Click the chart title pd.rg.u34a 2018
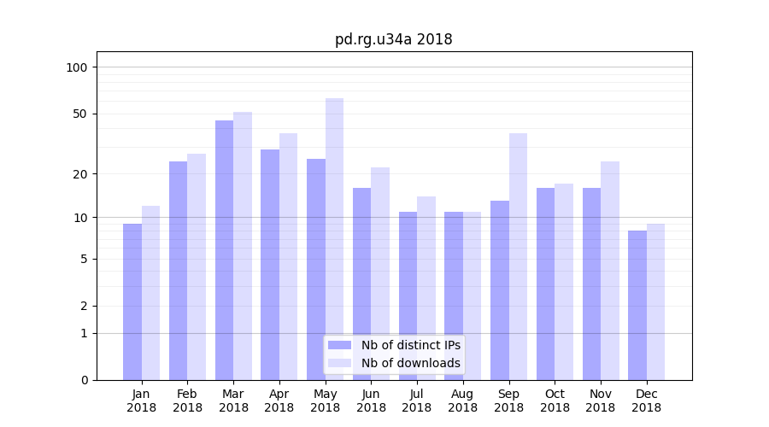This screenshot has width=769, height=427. (393, 39)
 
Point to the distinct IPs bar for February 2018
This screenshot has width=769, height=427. (178, 271)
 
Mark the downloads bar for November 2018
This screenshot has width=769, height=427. (609, 271)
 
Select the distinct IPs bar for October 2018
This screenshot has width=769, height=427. (545, 284)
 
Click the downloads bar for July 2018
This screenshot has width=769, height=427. (426, 288)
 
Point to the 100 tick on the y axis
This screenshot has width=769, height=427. (77, 67)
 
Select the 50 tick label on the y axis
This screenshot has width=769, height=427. (80, 114)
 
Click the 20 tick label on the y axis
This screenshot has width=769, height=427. (80, 174)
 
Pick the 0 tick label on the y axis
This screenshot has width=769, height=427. (84, 380)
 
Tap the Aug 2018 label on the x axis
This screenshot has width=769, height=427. (462, 401)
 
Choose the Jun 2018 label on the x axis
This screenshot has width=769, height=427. (371, 401)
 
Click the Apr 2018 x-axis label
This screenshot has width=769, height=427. (279, 401)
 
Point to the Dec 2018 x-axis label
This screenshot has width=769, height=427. (646, 401)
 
